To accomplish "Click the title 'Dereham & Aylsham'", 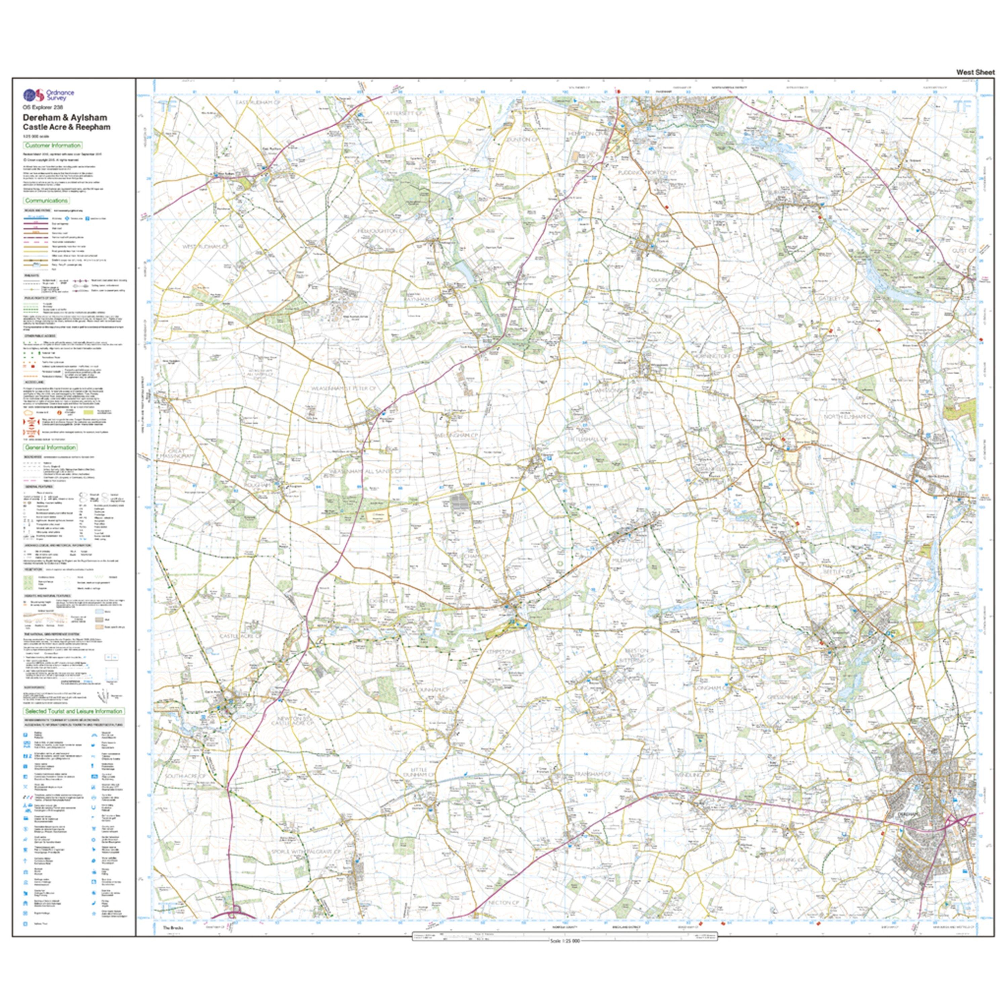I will coord(65,118).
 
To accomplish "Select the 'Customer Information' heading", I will coord(53,145).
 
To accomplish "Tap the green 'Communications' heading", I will coord(46,200).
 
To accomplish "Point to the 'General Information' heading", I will coord(50,447).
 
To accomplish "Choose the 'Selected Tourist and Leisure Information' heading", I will coord(74,711).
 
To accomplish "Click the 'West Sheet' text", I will coord(975,73).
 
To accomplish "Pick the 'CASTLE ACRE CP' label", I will coord(240,636).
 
